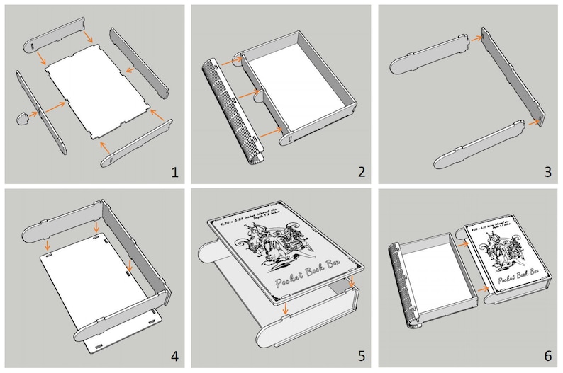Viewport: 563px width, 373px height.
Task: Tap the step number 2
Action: pos(361,171)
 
